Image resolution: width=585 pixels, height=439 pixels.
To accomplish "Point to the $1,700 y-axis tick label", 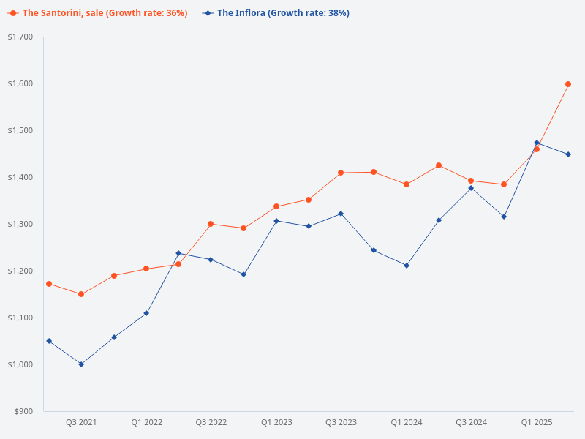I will click(x=20, y=37).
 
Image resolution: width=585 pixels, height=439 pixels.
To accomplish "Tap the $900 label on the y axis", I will click(x=23, y=411).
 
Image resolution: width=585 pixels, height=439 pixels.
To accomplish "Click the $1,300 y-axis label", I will click(x=20, y=224).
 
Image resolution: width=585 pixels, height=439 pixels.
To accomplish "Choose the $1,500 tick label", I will click(x=20, y=130).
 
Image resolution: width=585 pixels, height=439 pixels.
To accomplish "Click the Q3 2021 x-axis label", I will click(x=81, y=423).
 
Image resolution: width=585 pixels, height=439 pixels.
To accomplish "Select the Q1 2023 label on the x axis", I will click(x=276, y=423).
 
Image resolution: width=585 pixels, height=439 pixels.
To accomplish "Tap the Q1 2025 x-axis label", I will click(x=536, y=423).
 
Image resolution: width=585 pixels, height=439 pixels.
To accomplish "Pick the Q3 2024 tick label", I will click(x=471, y=423).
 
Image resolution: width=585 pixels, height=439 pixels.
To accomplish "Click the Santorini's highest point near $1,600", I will click(x=568, y=84).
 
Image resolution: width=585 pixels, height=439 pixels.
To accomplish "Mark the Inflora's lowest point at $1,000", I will click(x=81, y=364).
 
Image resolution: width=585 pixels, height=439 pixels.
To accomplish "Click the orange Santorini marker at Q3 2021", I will click(x=81, y=294).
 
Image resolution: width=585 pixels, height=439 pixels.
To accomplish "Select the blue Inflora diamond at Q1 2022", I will click(x=146, y=313).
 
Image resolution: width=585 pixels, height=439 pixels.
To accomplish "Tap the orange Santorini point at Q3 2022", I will click(x=211, y=224).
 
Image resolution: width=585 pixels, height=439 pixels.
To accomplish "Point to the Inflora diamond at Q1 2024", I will click(x=406, y=266).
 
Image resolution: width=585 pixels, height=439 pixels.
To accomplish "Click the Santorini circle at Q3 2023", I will click(x=341, y=173).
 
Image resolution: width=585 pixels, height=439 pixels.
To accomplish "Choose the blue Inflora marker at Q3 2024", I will click(x=471, y=188).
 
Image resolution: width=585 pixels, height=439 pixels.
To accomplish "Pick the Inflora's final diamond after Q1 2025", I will click(x=568, y=154).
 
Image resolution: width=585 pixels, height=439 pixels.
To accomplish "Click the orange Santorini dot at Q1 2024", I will click(x=406, y=184).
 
